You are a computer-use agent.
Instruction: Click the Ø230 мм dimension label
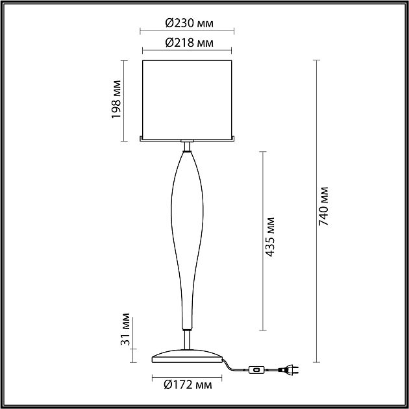point(190,23)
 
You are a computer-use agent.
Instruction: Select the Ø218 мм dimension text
point(190,42)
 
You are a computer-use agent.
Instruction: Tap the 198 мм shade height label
point(116,99)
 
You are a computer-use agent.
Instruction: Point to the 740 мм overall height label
point(324,206)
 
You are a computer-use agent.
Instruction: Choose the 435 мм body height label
point(270,237)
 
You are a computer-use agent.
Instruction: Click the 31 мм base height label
point(125,329)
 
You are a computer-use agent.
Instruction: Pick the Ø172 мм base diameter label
point(188,385)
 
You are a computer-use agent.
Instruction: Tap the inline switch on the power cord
point(256,370)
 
